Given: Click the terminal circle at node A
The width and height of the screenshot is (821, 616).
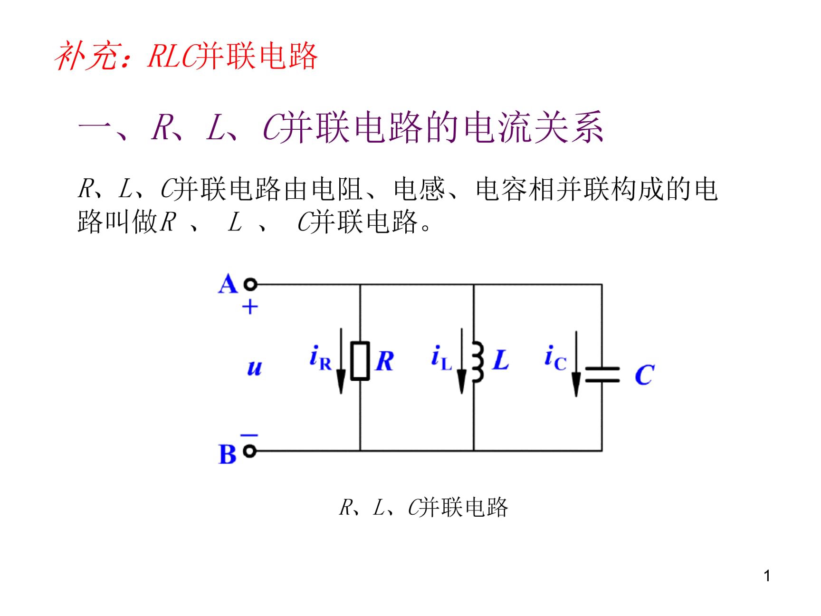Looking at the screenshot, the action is tap(250, 284).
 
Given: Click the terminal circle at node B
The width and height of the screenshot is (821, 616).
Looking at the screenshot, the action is tap(250, 451).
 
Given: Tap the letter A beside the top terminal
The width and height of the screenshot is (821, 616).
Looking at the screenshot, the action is tap(228, 284).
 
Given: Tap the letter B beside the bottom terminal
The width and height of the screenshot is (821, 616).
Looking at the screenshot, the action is tap(227, 454).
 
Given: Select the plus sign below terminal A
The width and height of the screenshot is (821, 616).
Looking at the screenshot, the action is tap(250, 307).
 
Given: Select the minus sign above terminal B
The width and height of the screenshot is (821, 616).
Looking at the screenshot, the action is tap(249, 435).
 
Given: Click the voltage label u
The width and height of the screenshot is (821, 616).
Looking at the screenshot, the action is tap(255, 368).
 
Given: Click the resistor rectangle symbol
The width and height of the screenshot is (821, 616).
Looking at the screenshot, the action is tap(360, 361).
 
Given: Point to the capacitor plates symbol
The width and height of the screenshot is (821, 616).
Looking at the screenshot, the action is tap(602, 375).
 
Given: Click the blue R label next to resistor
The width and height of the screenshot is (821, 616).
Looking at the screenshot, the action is tap(384, 361).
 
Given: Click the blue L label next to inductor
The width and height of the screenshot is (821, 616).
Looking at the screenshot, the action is tap(501, 360).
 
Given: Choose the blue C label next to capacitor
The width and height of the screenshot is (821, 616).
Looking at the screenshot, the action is tap(645, 375).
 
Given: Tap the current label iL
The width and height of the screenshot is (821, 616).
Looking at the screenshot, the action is tap(441, 357).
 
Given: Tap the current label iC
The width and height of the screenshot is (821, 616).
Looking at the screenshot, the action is tap(555, 357).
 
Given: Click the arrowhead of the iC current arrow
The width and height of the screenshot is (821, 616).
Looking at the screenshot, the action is tap(576, 384).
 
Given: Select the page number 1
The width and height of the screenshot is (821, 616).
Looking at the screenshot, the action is tap(767, 576).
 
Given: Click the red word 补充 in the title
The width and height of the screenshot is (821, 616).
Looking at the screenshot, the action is tap(86, 57).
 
